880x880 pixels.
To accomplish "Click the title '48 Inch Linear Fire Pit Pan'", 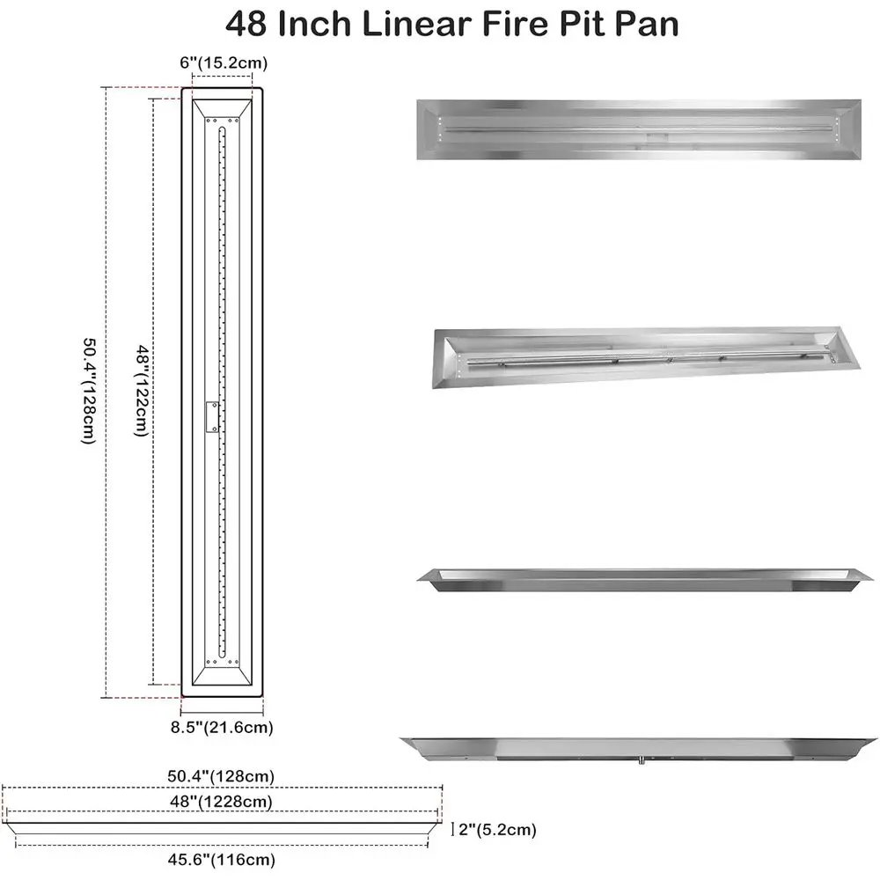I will point(452,24).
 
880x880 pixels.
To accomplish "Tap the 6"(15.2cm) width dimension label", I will point(223,62).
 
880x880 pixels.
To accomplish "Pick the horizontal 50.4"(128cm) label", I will point(222,776).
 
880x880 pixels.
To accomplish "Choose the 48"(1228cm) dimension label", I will point(220,801).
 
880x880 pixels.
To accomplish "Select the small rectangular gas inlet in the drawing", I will point(211,417).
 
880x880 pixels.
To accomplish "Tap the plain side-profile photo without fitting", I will point(637,579).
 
